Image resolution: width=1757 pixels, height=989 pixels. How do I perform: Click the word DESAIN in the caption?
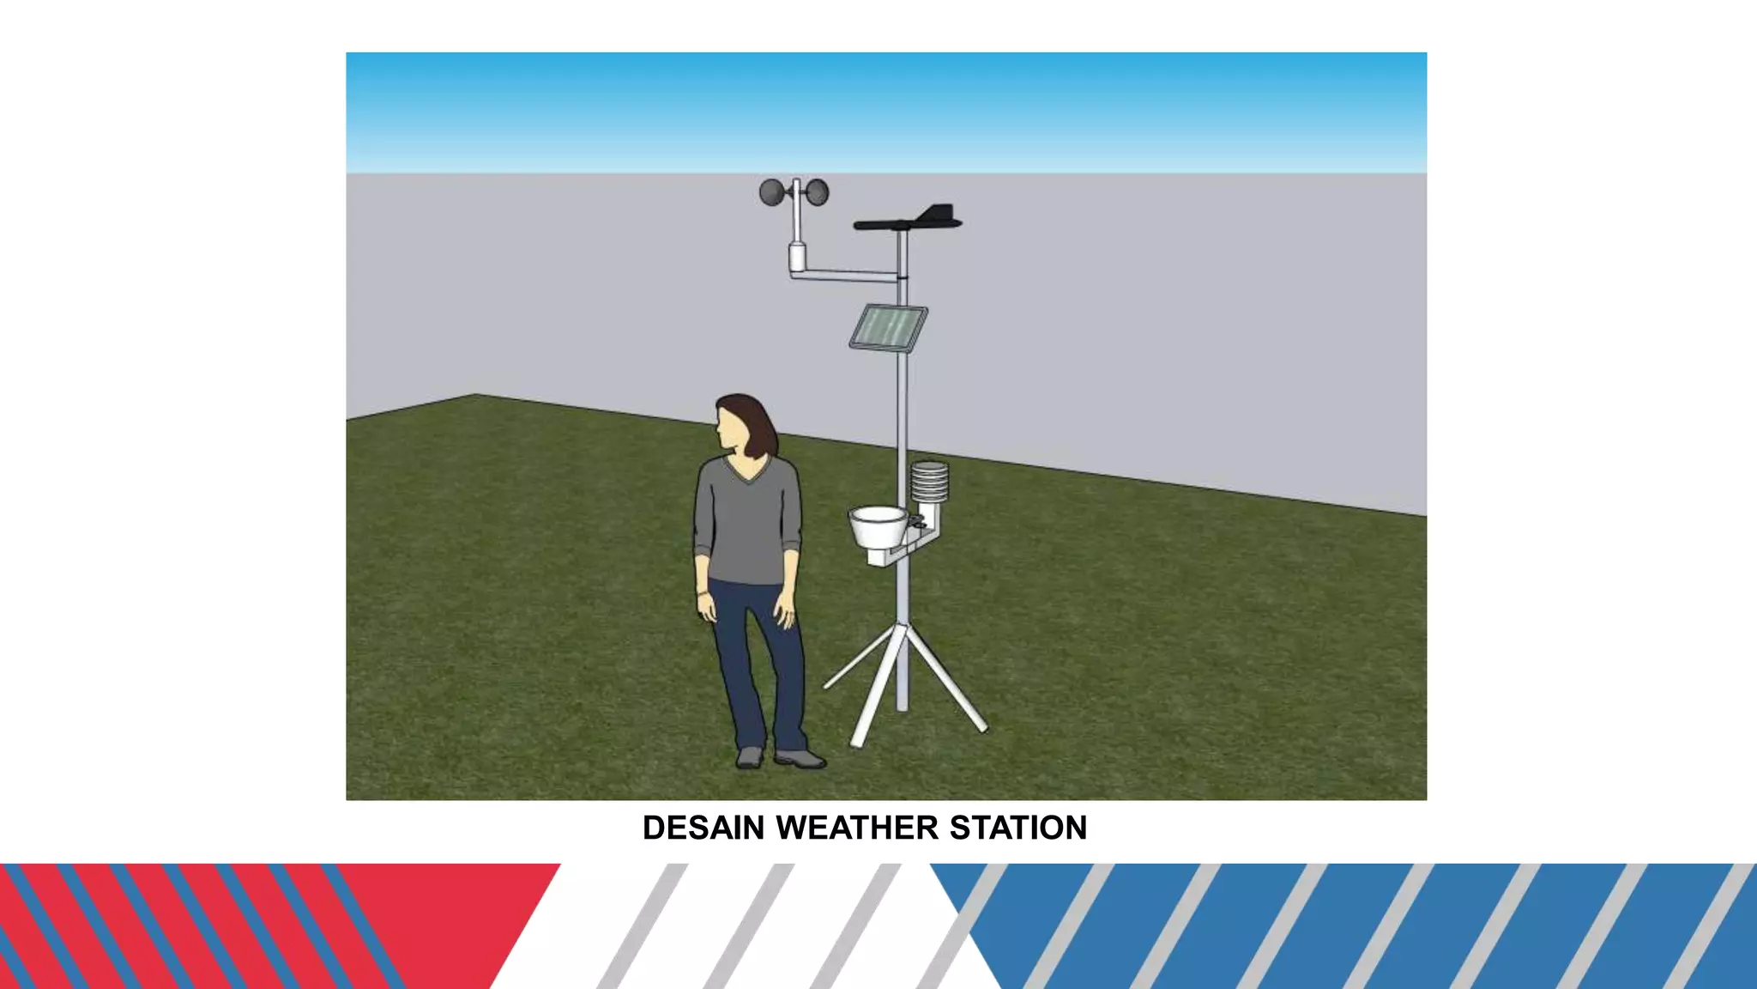pos(703,828)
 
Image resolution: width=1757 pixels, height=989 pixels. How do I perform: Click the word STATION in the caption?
pos(1018,828)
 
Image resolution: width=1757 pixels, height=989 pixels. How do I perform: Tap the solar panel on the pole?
pos(888,328)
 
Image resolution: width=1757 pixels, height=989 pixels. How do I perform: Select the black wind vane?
pos(909,221)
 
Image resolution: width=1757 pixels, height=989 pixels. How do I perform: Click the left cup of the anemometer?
pos(771,192)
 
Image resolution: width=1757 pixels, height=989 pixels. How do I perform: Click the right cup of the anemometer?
pos(818,192)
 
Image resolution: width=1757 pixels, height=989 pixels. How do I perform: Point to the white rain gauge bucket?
pos(878,525)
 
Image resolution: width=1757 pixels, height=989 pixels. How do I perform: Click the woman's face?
pos(731,428)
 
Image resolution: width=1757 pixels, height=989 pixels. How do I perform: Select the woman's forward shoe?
pos(800,759)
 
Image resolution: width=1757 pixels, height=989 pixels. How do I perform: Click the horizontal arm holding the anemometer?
pos(845,274)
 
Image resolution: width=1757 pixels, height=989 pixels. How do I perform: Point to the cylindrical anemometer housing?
pos(797,256)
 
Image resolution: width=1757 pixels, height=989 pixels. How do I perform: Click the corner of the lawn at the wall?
pos(476,396)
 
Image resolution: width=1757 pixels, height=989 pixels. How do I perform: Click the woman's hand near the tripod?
pos(785,611)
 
